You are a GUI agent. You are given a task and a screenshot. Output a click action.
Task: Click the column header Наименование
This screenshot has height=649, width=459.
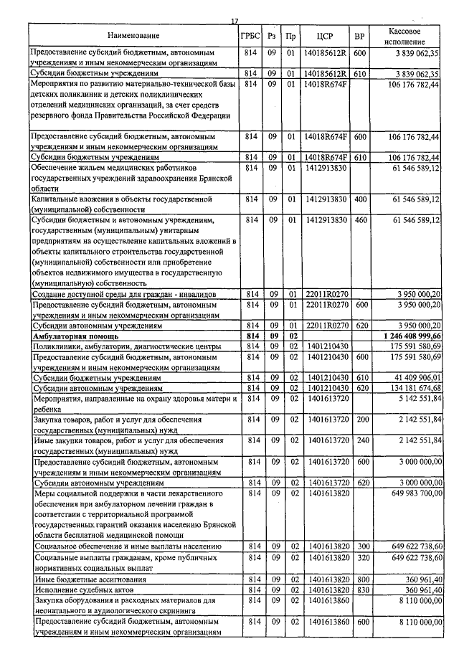point(134,36)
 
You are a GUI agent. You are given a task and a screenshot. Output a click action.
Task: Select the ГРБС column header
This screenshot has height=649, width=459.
point(251,36)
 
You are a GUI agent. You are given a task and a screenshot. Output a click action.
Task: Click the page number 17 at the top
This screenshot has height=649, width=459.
point(234,21)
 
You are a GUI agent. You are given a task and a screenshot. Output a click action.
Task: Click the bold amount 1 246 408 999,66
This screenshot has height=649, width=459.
point(404,336)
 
